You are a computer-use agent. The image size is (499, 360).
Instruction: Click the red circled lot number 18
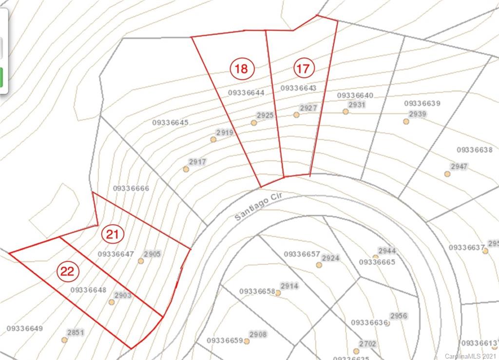tap(241, 69)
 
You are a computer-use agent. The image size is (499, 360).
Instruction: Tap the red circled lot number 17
tap(303, 69)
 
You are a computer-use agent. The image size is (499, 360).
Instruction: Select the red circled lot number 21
tap(113, 234)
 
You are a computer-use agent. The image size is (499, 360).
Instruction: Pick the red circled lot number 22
tap(67, 271)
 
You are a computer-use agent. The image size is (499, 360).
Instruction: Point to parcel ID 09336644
tap(246, 93)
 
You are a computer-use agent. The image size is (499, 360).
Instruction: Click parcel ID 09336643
tap(299, 88)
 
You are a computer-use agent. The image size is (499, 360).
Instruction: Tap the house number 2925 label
tap(265, 115)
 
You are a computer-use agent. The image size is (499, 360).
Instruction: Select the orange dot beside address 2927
tap(296, 115)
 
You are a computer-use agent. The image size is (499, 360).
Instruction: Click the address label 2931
tap(357, 105)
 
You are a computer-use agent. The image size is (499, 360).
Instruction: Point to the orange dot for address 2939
tap(406, 121)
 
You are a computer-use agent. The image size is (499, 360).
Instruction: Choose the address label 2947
tap(459, 167)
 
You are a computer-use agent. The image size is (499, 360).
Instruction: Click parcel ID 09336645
tap(170, 123)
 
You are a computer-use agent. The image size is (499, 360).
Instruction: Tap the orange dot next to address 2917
tap(186, 169)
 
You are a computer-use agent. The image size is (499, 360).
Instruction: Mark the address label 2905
tap(152, 254)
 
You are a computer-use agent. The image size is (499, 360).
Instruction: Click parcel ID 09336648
tap(88, 290)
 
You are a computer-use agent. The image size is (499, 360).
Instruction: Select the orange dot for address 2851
tap(64, 340)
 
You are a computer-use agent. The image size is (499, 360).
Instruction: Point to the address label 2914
tap(289, 286)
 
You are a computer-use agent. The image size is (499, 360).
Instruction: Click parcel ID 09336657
tap(302, 254)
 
